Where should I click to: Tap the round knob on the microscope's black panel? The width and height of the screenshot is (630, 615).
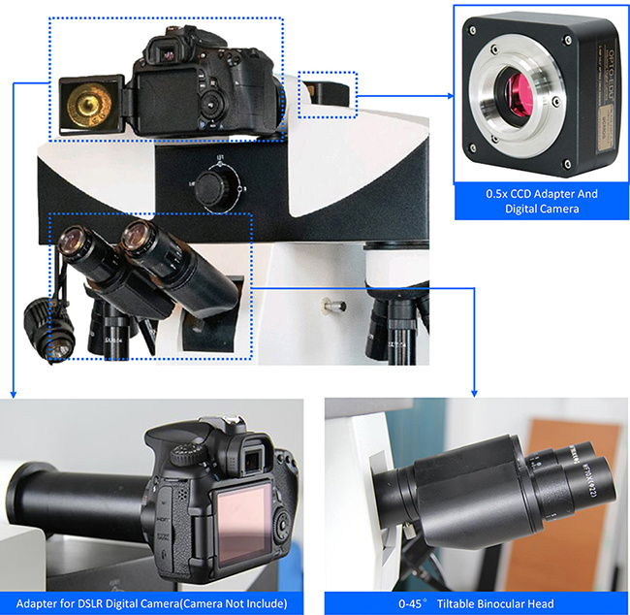(x=206, y=189)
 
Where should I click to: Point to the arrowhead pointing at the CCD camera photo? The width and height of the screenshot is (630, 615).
(x=451, y=95)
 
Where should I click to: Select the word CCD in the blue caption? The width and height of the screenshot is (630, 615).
(x=529, y=194)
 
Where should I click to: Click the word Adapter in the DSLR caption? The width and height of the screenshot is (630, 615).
(x=40, y=603)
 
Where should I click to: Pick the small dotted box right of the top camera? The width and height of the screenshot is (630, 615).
(x=328, y=93)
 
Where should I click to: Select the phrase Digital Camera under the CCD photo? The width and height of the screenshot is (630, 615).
(x=542, y=209)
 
